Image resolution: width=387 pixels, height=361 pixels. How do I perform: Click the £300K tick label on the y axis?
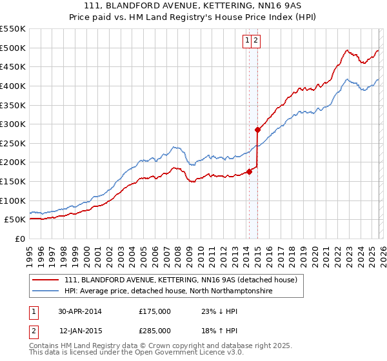pos(13,124)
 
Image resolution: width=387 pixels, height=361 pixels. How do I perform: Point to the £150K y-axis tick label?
pos(13,181)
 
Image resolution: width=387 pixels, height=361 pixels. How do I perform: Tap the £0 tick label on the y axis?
pos(21,239)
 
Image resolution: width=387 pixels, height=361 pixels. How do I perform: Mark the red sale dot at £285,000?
pos(257,130)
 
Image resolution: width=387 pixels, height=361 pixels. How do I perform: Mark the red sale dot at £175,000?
pos(249,171)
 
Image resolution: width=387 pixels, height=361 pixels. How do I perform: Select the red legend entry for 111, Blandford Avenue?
pos(180,280)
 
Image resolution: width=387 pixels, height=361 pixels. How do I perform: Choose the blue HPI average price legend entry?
pos(168,291)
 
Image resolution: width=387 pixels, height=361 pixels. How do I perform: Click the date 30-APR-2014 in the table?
pos(80,311)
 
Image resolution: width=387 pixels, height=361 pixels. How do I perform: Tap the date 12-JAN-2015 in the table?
pos(80,331)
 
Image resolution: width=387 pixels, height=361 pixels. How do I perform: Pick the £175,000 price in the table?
pos(155,311)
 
